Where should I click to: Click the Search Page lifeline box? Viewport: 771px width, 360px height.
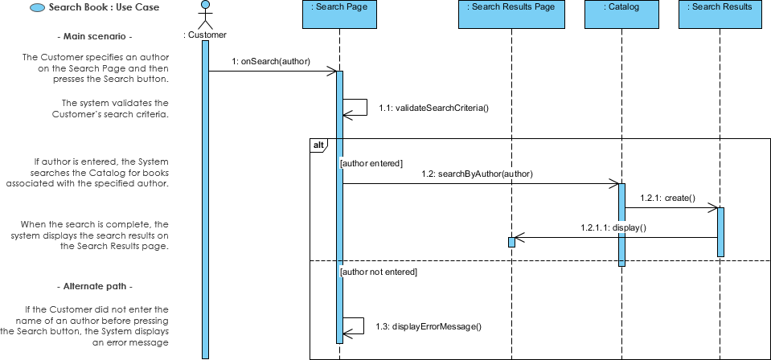tap(339, 14)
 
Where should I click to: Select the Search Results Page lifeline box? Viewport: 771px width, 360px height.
tap(511, 14)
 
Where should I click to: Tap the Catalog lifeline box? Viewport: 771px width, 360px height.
tap(621, 14)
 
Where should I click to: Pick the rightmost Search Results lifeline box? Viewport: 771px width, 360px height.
tap(722, 14)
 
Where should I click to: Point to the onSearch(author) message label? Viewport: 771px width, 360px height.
tap(271, 61)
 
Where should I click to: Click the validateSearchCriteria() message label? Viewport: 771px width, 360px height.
tap(433, 108)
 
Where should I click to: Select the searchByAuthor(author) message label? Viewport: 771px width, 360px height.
tap(477, 173)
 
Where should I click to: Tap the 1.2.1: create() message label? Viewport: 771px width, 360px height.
tap(667, 198)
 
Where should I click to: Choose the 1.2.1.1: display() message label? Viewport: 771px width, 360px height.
tap(613, 227)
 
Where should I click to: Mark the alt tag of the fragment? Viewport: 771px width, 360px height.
tap(318, 144)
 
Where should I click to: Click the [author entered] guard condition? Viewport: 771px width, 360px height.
tap(371, 163)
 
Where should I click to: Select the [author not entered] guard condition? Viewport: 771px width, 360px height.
tap(379, 272)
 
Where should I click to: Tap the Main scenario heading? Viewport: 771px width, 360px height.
tap(96, 37)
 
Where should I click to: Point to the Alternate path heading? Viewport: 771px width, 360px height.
tap(96, 286)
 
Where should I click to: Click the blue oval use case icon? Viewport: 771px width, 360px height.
tap(37, 8)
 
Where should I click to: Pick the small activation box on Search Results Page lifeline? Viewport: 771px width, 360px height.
tap(511, 242)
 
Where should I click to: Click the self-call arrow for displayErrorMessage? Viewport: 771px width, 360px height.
tap(355, 325)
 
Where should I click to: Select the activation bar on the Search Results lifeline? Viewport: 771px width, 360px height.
tap(721, 232)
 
